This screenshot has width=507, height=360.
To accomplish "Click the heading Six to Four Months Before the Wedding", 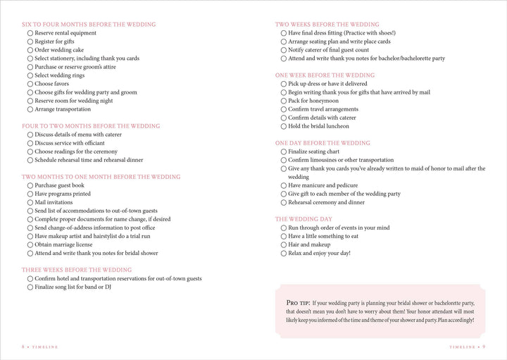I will click(x=89, y=24).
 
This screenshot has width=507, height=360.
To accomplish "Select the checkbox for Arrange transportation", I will click(x=30, y=109).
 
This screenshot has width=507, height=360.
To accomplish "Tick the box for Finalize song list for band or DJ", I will click(x=30, y=288).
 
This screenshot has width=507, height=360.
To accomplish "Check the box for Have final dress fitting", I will click(x=284, y=33).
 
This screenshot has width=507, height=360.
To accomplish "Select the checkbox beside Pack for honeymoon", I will click(x=284, y=101).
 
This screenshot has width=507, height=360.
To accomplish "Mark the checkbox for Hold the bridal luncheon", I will click(x=284, y=126).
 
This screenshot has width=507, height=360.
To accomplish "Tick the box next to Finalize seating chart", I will click(x=284, y=151).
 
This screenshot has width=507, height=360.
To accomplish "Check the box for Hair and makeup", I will click(x=284, y=244).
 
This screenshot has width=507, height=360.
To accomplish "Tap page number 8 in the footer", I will click(x=23, y=346).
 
